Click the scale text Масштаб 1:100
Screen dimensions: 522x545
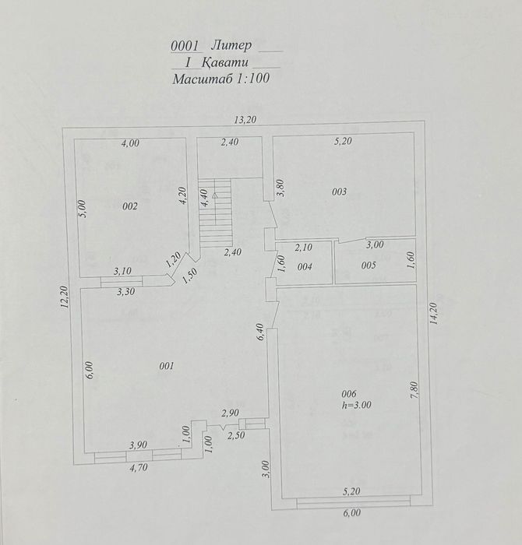click(x=220, y=78)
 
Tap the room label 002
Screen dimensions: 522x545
click(x=130, y=206)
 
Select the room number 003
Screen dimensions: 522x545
click(x=339, y=192)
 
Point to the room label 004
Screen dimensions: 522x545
click(x=305, y=266)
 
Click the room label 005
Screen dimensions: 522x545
click(x=369, y=265)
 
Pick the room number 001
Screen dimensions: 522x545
click(x=167, y=366)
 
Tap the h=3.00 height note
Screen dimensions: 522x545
click(x=357, y=405)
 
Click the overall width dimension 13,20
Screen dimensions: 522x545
click(x=245, y=120)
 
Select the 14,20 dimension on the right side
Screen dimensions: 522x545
click(x=433, y=314)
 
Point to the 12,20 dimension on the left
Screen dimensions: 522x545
click(x=65, y=297)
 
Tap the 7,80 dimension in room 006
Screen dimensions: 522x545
click(x=414, y=391)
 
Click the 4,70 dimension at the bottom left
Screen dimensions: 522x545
click(x=139, y=468)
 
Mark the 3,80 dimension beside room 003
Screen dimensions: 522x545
click(x=281, y=188)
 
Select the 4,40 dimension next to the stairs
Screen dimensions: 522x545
click(x=204, y=198)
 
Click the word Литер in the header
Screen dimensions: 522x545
click(x=231, y=45)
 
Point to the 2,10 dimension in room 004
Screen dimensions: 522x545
click(x=304, y=248)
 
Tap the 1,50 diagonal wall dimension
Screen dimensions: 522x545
click(x=189, y=276)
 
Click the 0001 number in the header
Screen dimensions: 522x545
click(x=185, y=46)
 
